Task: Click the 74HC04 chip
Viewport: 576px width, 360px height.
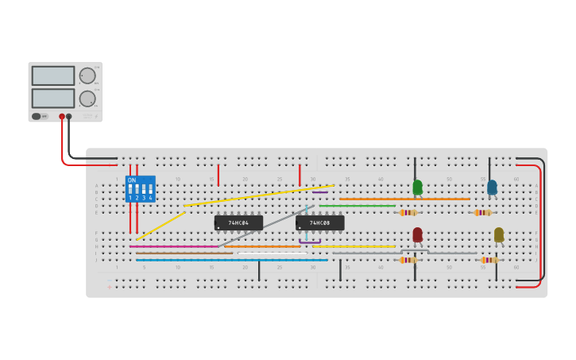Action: point(238,223)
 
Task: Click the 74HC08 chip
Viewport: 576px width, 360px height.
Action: point(320,223)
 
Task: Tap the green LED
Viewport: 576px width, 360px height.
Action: point(417,188)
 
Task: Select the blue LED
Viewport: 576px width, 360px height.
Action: point(492,188)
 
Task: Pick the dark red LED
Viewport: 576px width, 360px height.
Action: point(417,234)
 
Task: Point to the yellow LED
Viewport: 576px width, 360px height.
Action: point(498,234)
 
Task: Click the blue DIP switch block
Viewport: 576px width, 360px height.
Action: point(140,189)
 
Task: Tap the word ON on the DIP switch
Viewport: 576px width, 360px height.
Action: point(132,180)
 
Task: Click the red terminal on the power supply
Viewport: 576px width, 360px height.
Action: point(62,117)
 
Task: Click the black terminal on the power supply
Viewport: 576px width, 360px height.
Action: point(69,117)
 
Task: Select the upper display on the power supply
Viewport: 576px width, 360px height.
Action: point(53,75)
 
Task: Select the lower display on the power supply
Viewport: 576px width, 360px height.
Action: point(53,99)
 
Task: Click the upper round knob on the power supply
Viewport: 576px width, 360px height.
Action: point(87,75)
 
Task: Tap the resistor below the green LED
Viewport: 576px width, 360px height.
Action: point(408,213)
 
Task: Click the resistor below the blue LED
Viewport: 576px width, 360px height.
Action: point(482,213)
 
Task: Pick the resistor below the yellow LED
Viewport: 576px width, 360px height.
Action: point(489,260)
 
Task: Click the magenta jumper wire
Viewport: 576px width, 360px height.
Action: point(175,246)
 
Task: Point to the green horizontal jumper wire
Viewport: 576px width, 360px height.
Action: point(357,206)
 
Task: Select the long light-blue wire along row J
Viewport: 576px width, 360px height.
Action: point(230,260)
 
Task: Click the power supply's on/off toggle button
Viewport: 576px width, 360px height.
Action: point(36,117)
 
